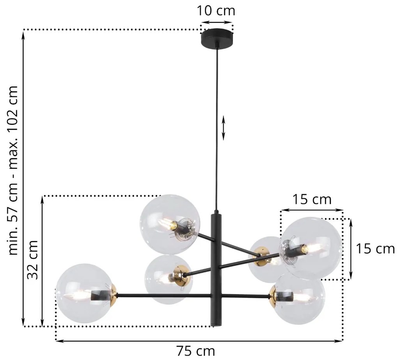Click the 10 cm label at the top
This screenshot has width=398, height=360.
(216, 11)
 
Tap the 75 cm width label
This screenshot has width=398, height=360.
(196, 351)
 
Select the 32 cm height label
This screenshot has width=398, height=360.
(32, 260)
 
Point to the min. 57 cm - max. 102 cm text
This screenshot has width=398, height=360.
(13, 170)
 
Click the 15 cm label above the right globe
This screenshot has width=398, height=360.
(312, 200)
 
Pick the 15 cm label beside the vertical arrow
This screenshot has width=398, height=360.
(375, 248)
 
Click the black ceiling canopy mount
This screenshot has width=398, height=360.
(217, 38)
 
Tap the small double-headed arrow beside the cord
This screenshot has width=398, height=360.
(224, 128)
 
